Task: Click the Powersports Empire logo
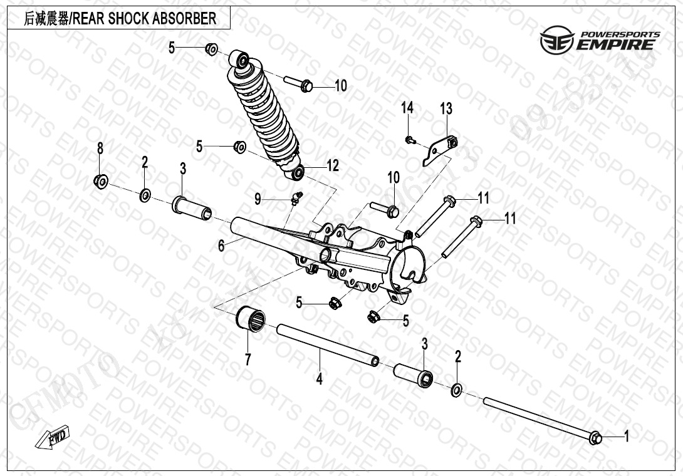coord(600,39)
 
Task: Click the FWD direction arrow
coord(55,437)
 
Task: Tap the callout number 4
coord(320,378)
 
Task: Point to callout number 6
coord(221,246)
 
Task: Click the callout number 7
coord(248,359)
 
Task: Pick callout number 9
coord(258,199)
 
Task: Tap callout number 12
coord(332,166)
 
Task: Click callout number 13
coord(446,109)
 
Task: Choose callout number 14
coord(407,108)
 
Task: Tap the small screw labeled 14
coord(409,140)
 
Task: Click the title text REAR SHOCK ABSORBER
coord(145,18)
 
